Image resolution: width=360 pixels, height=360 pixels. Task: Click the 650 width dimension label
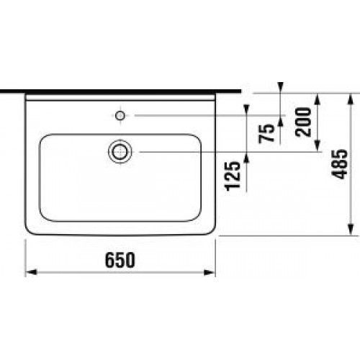click(x=120, y=260)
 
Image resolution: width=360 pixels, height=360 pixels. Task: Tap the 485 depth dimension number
click(x=339, y=164)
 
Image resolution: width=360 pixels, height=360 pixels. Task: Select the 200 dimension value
click(x=303, y=122)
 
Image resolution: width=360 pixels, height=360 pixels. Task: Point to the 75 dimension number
click(x=266, y=133)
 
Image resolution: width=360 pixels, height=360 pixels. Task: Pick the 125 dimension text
click(x=233, y=176)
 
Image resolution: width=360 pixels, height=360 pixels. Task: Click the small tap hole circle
click(x=120, y=116)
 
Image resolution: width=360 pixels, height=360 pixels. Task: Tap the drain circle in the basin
click(x=120, y=152)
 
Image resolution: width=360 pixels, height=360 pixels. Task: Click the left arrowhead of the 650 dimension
click(x=31, y=272)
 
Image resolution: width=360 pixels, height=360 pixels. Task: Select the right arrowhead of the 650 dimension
click(x=210, y=272)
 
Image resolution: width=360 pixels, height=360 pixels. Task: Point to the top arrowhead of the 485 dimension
click(x=351, y=99)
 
